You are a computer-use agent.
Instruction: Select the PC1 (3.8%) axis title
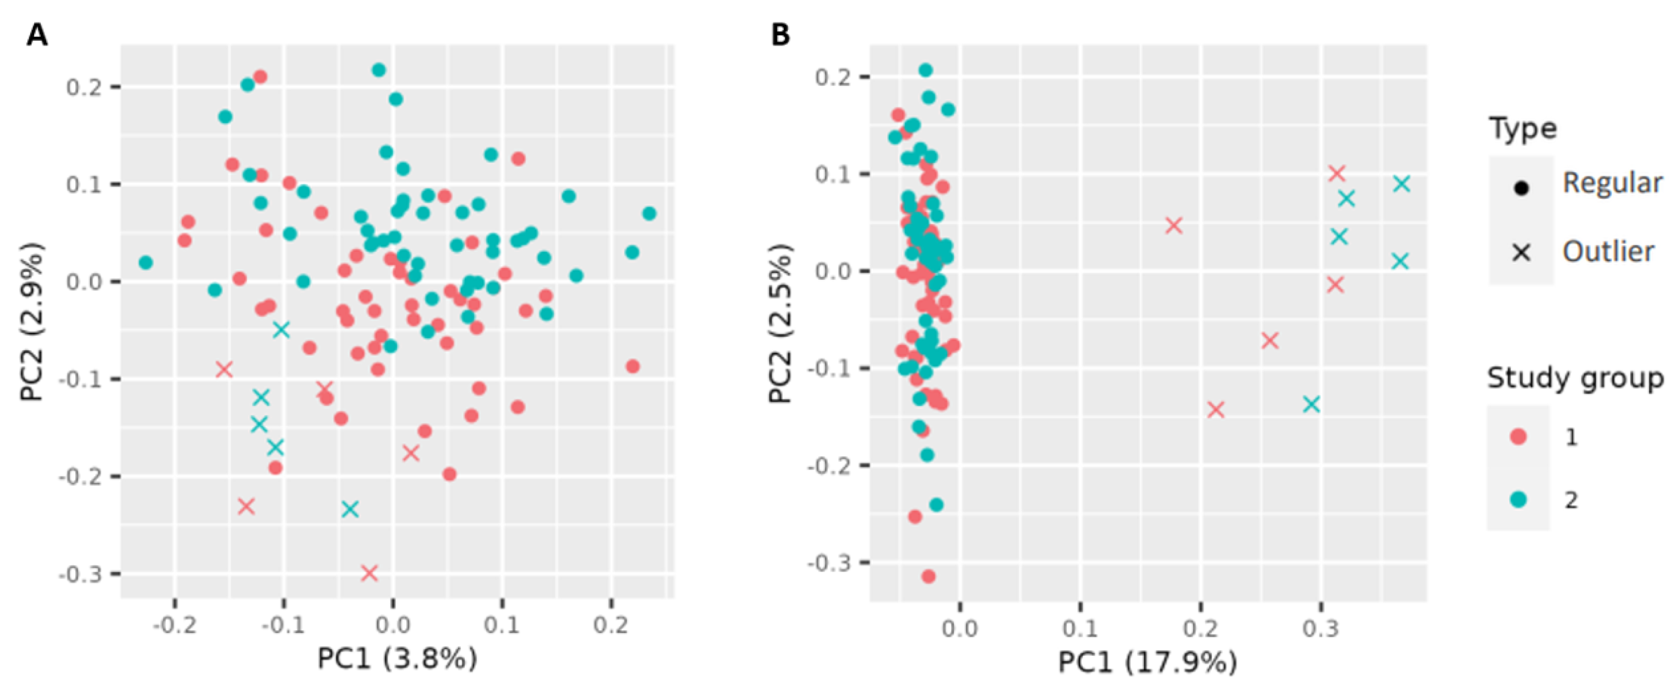[397, 658]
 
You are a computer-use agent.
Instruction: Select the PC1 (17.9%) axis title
[1148, 662]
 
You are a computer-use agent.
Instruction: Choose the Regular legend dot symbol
[1521, 189]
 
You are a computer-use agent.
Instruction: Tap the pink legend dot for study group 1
[1519, 436]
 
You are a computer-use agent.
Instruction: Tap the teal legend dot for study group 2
[1519, 499]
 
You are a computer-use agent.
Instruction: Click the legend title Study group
[1575, 378]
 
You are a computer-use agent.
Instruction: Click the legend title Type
[1522, 128]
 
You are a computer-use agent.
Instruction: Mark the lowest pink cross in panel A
[369, 573]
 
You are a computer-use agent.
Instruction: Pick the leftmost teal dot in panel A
[146, 263]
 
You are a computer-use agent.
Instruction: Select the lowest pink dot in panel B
[929, 576]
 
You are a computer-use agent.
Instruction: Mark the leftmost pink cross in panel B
[1173, 225]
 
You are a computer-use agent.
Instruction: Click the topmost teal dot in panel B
[925, 70]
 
